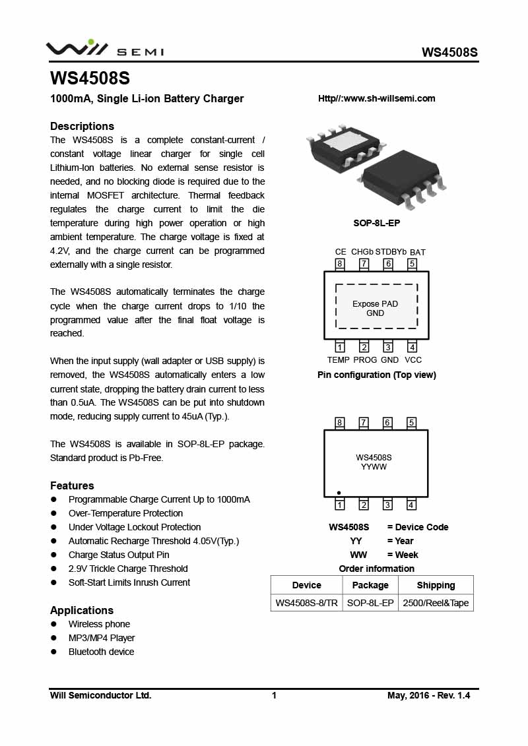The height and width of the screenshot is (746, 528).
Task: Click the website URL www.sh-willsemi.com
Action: [377, 99]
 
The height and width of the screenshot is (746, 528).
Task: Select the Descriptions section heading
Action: [82, 126]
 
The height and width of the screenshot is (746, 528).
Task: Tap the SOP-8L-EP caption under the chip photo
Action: [376, 223]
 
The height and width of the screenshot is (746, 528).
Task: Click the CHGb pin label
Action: [362, 252]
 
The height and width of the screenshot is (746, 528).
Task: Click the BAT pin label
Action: [417, 252]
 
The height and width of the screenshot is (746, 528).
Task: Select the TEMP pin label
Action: [338, 360]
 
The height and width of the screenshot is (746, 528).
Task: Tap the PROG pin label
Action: [365, 360]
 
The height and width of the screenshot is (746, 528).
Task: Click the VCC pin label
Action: [413, 360]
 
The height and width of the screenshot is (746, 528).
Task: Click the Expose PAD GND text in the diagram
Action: [375, 309]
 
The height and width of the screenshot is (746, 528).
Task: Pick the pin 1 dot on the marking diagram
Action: [339, 493]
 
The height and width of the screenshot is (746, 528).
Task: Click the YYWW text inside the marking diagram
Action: [374, 467]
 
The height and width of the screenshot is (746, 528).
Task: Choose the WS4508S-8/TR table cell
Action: [306, 603]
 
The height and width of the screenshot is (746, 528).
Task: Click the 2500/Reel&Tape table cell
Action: [436, 603]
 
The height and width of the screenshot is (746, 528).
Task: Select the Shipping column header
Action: [436, 585]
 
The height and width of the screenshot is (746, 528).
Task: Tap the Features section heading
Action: [72, 485]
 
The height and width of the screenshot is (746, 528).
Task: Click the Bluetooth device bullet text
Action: [101, 652]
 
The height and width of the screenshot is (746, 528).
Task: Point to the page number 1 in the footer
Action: [274, 695]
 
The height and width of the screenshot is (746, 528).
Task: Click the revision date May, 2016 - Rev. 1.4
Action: [428, 695]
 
